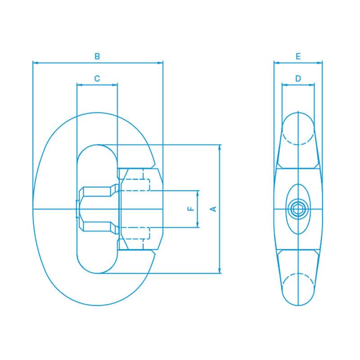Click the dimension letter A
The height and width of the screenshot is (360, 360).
pos(214,208)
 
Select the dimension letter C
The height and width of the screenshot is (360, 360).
pos(97,78)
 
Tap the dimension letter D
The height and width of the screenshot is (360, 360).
pos(298,78)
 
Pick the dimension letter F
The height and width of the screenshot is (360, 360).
pos(191,209)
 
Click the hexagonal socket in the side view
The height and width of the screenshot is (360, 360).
pos(298,208)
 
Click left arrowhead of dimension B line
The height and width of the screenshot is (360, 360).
pos(35,63)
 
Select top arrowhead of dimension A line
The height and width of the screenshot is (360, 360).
pos(220,147)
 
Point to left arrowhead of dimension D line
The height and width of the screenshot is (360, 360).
pos(284,84)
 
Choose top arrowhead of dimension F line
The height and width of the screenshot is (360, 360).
pos(198,192)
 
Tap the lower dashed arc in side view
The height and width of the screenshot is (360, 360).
pos(298,275)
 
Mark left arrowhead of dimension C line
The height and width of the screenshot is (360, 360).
pos(79,84)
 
